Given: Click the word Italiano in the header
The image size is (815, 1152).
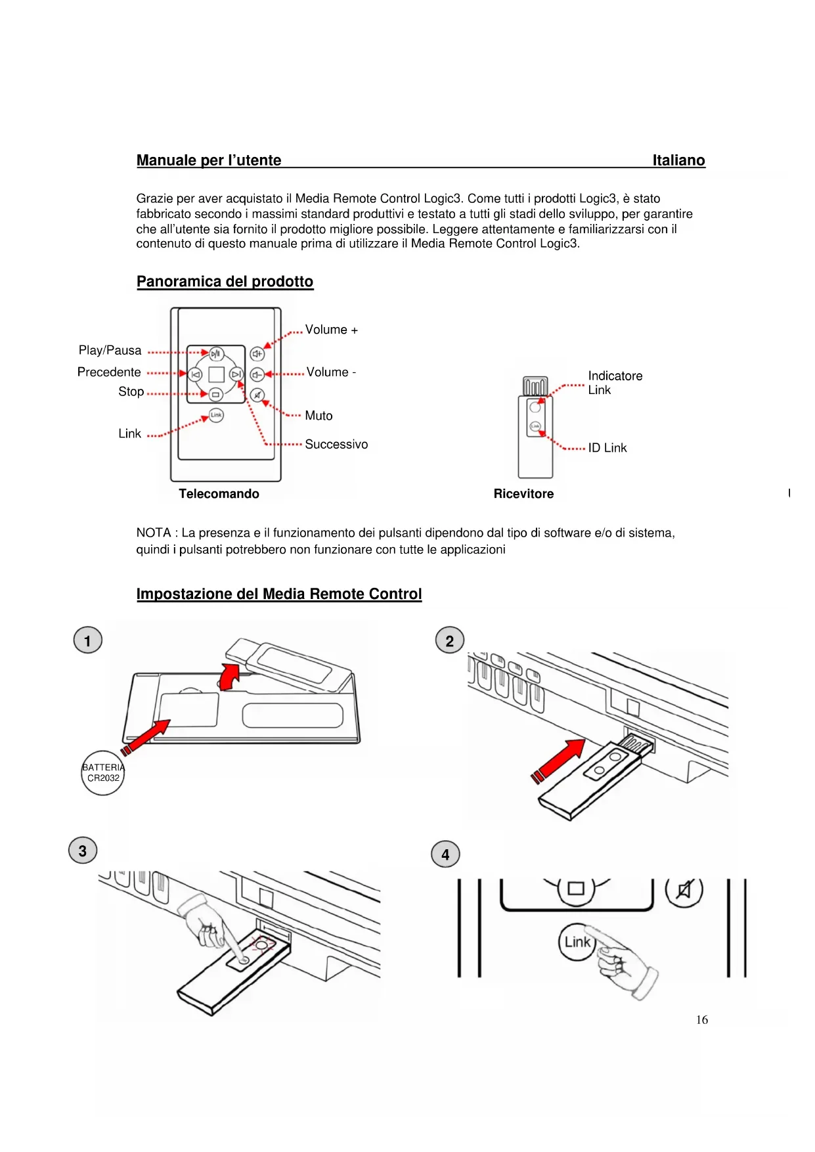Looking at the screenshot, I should [x=678, y=160].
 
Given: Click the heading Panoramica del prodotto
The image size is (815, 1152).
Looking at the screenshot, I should [x=225, y=282].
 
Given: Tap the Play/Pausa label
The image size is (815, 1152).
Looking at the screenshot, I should [x=110, y=351].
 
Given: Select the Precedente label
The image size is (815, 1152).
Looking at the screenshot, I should [x=109, y=372].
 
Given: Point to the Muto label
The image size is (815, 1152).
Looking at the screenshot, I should [x=319, y=416].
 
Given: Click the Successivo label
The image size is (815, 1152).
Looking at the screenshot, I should [x=336, y=445].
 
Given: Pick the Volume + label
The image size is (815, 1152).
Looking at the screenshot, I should [x=331, y=330].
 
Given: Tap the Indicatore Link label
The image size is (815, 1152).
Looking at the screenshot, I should [x=614, y=383].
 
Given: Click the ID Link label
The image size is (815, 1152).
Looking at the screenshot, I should [x=607, y=448].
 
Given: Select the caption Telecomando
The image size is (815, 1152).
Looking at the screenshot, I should [x=219, y=494].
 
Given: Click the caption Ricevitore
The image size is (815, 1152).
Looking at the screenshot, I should [x=523, y=494].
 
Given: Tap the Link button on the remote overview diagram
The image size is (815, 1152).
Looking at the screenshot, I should [x=216, y=415].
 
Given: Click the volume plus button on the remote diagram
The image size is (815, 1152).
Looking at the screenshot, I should [x=257, y=354].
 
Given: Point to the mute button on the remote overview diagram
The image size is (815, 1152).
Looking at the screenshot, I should [x=257, y=395].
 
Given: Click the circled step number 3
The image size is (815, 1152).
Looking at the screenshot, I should [x=83, y=851].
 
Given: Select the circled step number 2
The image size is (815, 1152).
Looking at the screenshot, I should [x=450, y=640].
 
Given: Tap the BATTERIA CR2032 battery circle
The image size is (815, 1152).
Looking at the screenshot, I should [x=103, y=773].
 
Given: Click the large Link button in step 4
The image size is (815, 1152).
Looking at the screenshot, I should [x=577, y=942].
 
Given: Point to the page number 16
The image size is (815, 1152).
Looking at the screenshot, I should [x=701, y=1020].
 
